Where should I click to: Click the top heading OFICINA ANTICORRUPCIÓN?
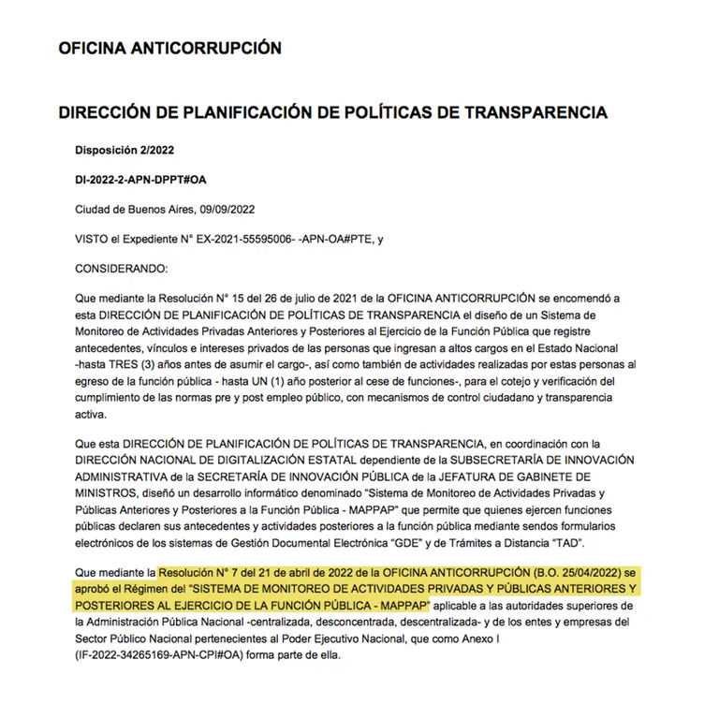[169, 48]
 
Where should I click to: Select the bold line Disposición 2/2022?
[124, 149]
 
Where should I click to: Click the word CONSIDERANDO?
[120, 269]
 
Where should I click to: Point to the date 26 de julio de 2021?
[303, 299]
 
